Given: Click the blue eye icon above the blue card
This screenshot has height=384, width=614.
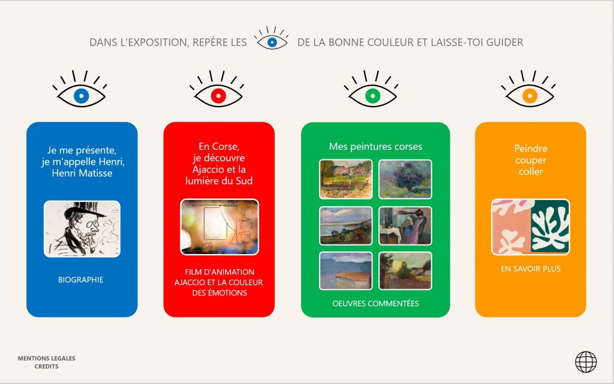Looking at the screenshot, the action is coord(81,95).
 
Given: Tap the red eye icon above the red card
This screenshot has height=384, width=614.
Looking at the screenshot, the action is coord(218,95).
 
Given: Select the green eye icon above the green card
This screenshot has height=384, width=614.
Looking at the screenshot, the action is coord(372,95).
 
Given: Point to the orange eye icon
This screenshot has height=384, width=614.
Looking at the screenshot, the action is coord(529,95).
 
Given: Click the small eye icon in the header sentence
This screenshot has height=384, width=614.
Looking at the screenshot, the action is coord(272,41).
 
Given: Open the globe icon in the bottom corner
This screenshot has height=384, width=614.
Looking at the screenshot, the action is coord(586,362).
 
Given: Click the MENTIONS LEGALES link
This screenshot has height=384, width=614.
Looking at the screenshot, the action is coord(47,358).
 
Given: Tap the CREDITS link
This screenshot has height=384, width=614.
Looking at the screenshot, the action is coord(47,367).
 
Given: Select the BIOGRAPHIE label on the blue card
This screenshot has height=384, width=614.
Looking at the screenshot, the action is coord(81,280).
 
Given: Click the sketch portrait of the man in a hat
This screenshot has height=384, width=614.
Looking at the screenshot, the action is coord(82,229).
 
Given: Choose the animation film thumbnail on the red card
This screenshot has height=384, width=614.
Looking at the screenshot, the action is coord(219,227).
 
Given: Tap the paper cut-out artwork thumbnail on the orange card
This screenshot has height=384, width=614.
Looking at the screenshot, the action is coord(531,227).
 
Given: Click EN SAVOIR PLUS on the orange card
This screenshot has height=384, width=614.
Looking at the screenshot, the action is coord(531,268).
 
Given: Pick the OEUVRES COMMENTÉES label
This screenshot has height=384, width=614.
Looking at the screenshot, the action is coord(375,304).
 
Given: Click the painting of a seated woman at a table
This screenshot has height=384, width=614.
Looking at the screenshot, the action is coord(405,226).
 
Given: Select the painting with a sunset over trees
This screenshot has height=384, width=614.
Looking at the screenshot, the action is coord(405,271).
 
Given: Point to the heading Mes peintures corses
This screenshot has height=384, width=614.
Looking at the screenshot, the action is coord(375,147).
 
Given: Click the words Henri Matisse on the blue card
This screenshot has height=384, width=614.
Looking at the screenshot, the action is coord(82,173).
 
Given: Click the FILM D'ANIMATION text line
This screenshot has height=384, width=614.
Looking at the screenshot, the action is coord(219,272).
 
